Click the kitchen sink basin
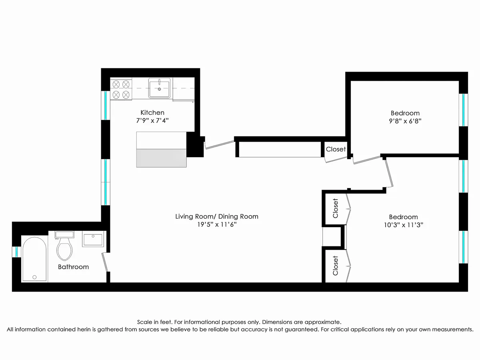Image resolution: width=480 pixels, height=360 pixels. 159,88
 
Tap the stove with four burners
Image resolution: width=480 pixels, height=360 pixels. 121,89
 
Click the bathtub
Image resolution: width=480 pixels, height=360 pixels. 34,259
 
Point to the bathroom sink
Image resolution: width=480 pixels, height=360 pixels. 93,240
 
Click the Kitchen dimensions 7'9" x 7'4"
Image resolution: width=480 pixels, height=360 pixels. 152,120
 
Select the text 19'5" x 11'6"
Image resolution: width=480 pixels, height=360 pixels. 217,225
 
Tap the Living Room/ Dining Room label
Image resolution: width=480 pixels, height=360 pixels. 217,216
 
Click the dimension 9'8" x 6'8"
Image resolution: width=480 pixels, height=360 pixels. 405,122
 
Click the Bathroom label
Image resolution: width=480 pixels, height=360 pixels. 73,267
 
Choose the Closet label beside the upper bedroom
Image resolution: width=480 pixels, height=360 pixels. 336,149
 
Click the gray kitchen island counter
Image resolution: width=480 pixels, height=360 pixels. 162,158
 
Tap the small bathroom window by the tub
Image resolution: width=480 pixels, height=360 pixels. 16,252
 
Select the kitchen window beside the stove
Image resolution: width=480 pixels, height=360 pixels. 106,105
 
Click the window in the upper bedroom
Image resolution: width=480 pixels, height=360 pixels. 463,110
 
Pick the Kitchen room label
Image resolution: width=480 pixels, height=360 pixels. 152,112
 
